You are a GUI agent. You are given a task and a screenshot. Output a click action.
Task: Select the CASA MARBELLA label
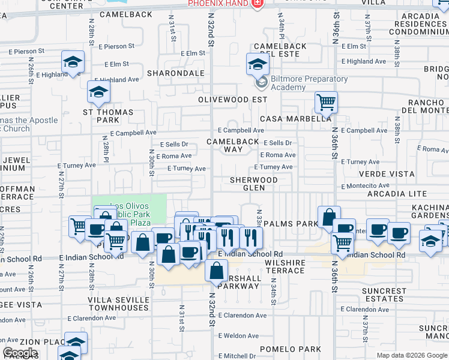[x=295, y=119]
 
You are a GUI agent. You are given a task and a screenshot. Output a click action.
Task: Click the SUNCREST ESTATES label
[x=384, y=295]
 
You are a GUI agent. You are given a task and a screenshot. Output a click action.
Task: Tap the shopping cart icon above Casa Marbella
[x=326, y=101]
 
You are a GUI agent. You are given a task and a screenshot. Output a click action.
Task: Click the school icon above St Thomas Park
[x=98, y=91]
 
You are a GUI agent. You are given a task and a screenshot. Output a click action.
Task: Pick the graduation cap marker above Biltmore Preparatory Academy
[x=257, y=63]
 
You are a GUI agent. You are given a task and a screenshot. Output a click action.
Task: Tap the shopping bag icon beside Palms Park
[x=329, y=217]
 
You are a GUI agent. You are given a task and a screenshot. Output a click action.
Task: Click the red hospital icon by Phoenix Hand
[x=257, y=4]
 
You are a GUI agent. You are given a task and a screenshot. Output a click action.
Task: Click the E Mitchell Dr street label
[x=237, y=356]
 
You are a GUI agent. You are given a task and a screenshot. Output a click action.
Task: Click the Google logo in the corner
[x=20, y=353]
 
